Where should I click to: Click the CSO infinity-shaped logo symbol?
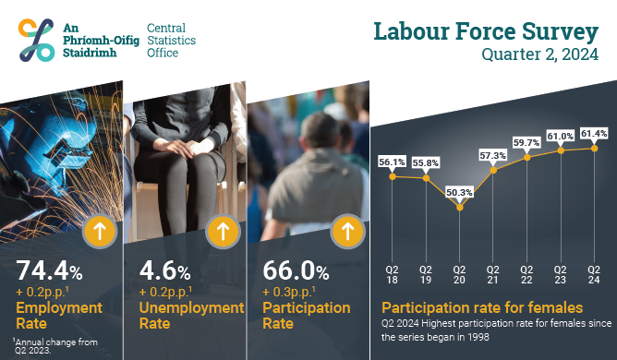[x=36, y=40]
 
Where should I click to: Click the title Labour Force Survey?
[x=486, y=32]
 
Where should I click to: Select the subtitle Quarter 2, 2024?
[x=539, y=54]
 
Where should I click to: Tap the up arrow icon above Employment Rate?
[x=100, y=232]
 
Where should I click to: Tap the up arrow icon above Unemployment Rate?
[x=224, y=232]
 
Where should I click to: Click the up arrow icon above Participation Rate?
[x=347, y=232]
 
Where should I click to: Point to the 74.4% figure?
[x=49, y=270]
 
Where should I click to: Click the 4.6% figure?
[x=165, y=270]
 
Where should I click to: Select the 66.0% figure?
[x=296, y=270]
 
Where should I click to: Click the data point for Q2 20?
[x=460, y=207]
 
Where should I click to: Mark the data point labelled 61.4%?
[x=595, y=149]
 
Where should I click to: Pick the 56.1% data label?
[x=392, y=162]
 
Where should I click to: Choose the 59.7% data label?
[x=526, y=142]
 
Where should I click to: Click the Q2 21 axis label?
[x=492, y=275]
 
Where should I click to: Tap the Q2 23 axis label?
[x=560, y=275]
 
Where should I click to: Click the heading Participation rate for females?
[x=482, y=307]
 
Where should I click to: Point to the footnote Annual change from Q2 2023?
[x=54, y=346]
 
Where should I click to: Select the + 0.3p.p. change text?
[x=289, y=292]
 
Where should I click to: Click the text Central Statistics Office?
[x=171, y=40]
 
